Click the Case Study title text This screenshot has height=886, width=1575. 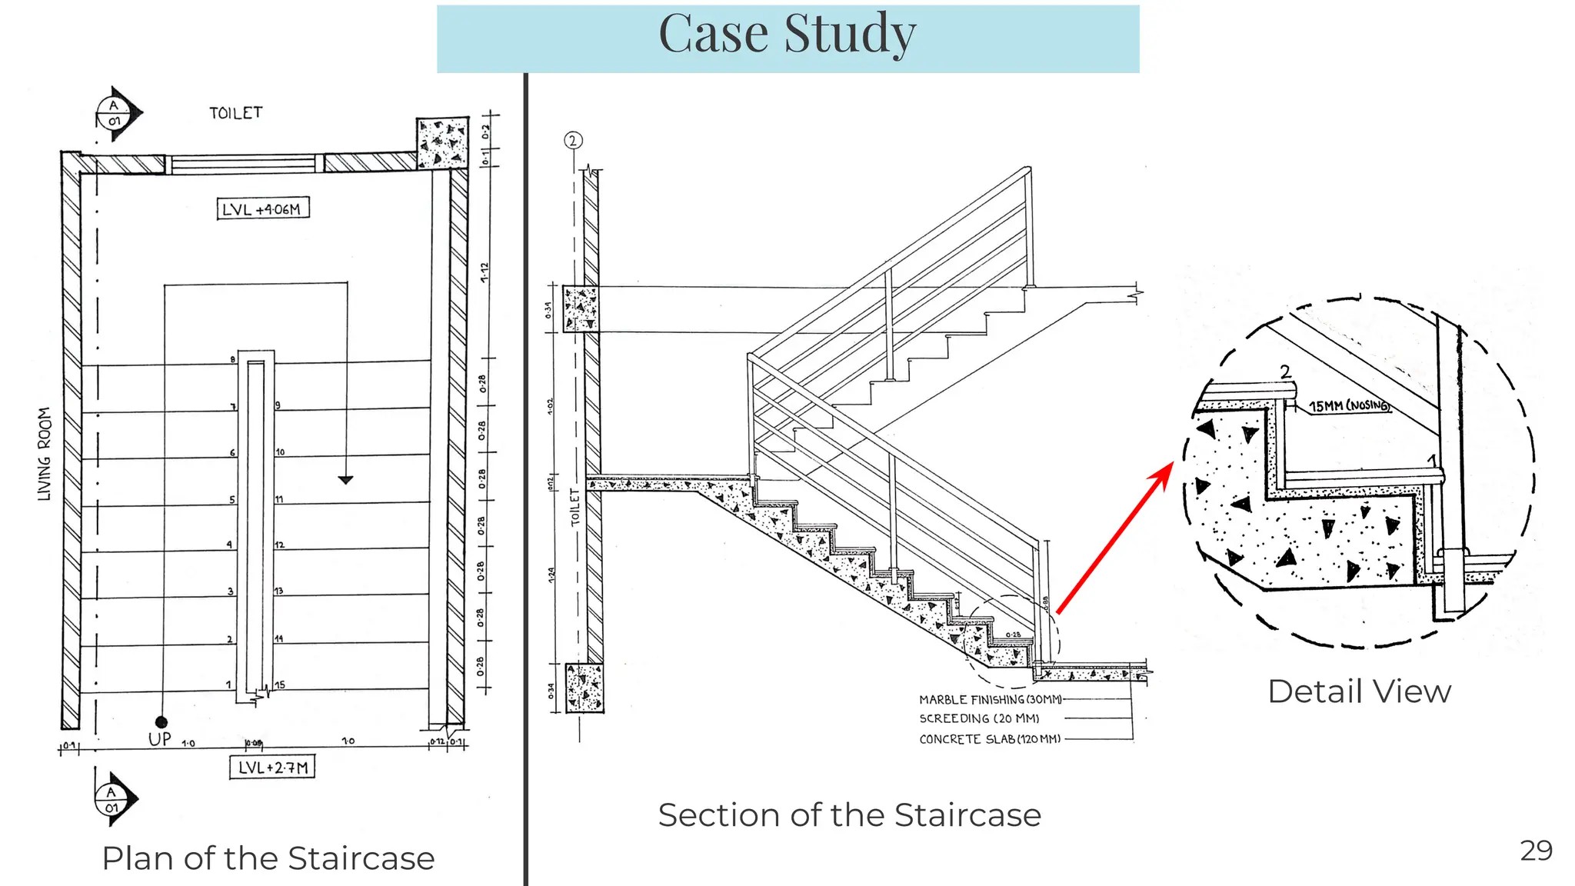[787, 35]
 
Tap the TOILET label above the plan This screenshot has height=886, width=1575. [235, 113]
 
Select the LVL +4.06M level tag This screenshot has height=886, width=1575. [263, 208]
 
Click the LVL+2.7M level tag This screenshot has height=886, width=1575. [272, 767]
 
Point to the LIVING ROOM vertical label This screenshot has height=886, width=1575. [45, 454]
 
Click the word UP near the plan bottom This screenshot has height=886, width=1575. [160, 739]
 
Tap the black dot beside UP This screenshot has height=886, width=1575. [161, 721]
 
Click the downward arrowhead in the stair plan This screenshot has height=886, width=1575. [346, 480]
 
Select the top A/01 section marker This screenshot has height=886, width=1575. [116, 114]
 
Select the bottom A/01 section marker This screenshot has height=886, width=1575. [113, 799]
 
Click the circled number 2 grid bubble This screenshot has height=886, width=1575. [573, 141]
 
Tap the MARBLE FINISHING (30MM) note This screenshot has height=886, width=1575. [990, 699]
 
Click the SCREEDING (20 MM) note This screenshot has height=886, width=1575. [979, 718]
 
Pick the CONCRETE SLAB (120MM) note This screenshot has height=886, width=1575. [990, 739]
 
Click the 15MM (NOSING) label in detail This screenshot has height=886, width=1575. [1349, 405]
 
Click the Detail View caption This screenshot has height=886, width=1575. [1359, 691]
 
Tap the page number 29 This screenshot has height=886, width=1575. [1536, 851]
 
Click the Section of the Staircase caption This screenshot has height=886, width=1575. [849, 815]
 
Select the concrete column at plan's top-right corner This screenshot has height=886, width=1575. [442, 142]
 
